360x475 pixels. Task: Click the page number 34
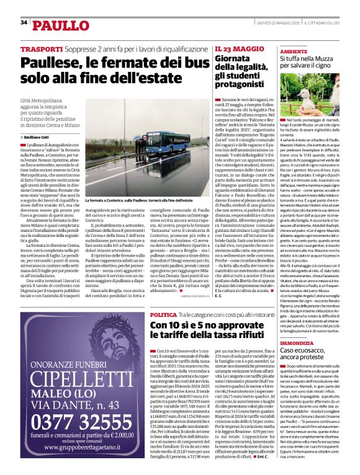click(24, 23)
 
